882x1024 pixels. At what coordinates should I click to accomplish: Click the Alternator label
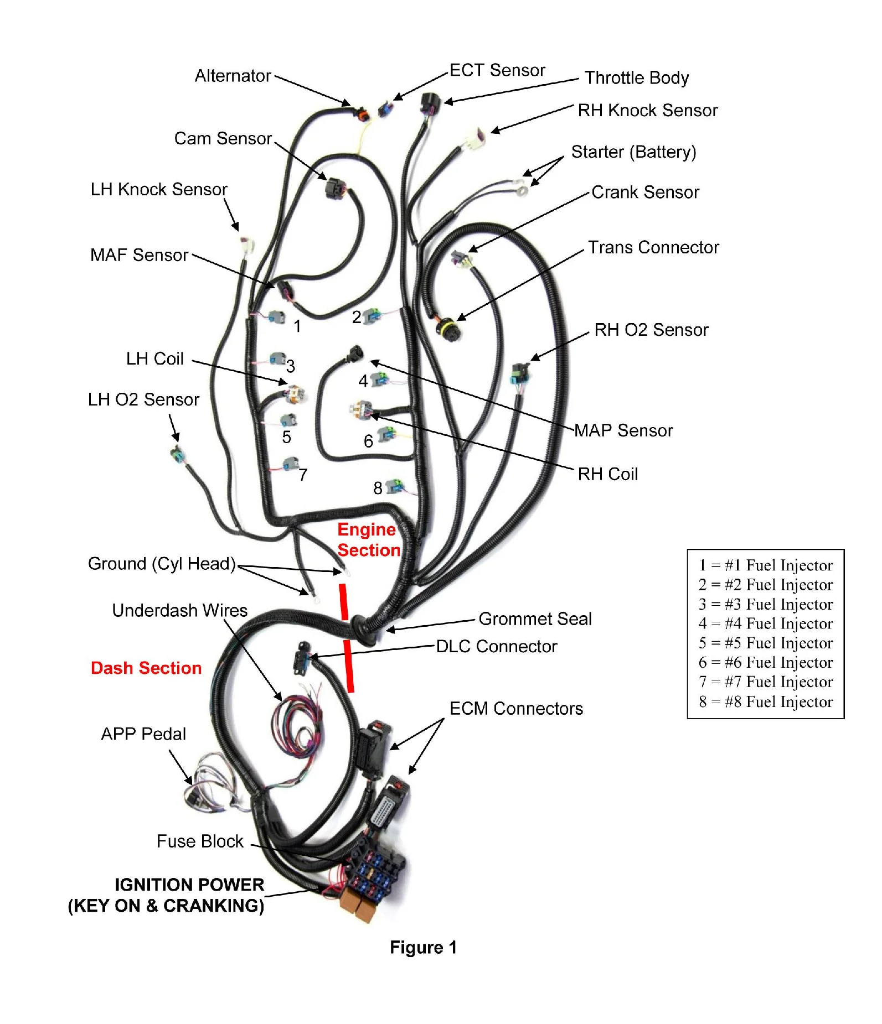tap(233, 76)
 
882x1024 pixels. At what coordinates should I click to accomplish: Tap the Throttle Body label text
tap(636, 78)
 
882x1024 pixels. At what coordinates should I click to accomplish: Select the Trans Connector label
tap(653, 247)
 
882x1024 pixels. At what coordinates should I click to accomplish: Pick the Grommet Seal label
tap(535, 618)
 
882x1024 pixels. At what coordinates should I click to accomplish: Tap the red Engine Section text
tap(368, 540)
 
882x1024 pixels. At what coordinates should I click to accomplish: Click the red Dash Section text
tap(146, 668)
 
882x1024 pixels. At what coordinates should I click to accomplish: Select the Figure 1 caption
tap(423, 947)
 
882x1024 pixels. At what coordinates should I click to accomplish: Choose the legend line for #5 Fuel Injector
tap(766, 643)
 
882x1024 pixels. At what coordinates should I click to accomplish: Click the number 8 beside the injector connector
tap(378, 488)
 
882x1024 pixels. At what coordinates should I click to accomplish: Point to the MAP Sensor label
tap(623, 430)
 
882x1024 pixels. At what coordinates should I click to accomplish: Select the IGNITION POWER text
tap(189, 885)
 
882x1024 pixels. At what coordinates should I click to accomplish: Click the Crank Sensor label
tap(645, 193)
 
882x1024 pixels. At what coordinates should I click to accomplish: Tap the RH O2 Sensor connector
tap(519, 374)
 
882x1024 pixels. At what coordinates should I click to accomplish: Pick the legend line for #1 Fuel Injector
tap(766, 565)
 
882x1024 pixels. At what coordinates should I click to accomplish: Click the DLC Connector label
tap(496, 646)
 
